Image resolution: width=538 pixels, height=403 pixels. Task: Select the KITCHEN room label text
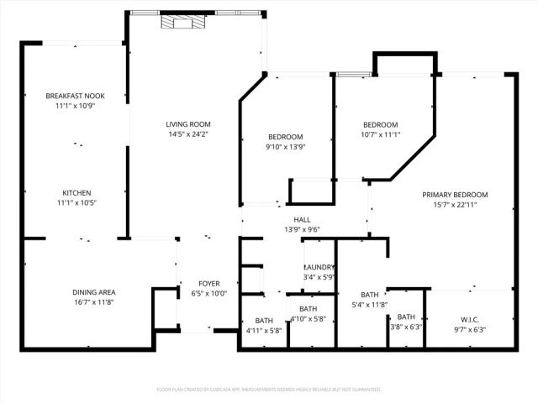coord(76,192)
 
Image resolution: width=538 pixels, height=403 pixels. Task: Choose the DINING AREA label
coord(92,292)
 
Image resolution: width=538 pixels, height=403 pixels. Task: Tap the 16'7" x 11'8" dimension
coord(92,302)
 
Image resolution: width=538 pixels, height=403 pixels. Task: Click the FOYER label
coord(208,283)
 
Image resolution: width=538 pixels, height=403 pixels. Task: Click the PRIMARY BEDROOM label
coord(455,194)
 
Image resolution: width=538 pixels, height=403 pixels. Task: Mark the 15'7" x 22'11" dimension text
coord(455,204)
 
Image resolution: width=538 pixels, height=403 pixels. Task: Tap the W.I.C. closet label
coord(469,318)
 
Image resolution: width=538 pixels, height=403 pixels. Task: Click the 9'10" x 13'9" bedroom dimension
coord(285,146)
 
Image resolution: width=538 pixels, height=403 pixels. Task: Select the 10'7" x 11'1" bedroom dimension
coord(380,133)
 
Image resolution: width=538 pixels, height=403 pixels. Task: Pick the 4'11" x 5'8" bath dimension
coord(264,331)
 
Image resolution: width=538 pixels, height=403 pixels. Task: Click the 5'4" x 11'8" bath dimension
coord(369,304)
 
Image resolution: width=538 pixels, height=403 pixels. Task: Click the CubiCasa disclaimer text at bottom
coord(269,390)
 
